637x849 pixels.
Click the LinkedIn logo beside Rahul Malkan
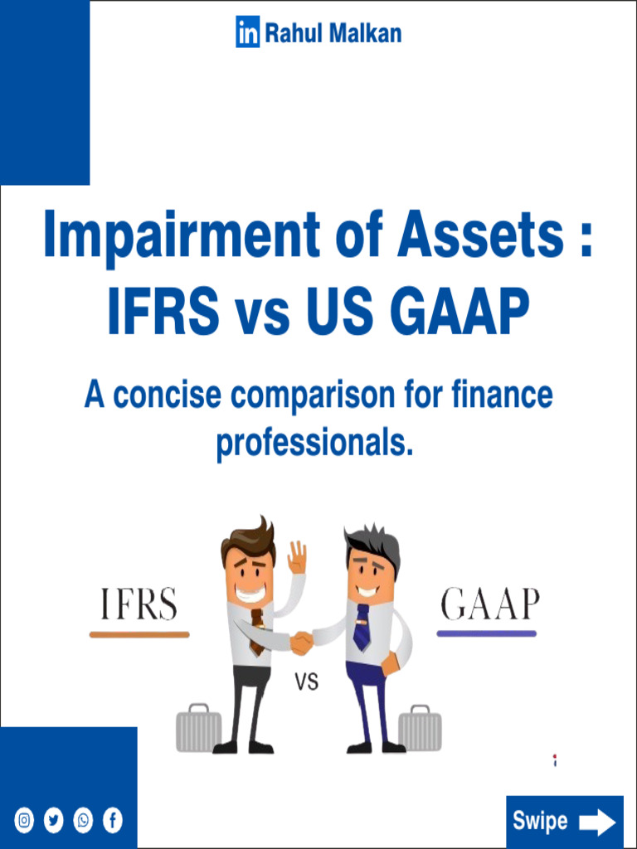click(x=248, y=33)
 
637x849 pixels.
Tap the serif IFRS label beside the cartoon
click(x=139, y=605)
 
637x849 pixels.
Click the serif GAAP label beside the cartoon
click(x=489, y=605)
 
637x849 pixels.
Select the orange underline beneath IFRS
click(x=139, y=634)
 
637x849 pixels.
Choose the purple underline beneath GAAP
click(x=487, y=634)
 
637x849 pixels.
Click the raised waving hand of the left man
click(x=296, y=558)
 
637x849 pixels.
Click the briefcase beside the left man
click(x=198, y=730)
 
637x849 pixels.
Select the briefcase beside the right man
click(x=420, y=730)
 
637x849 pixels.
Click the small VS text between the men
click(x=307, y=683)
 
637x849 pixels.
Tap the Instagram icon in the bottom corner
click(x=25, y=821)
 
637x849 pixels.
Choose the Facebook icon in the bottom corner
click(x=112, y=821)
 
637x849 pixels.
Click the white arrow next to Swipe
click(x=596, y=822)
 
